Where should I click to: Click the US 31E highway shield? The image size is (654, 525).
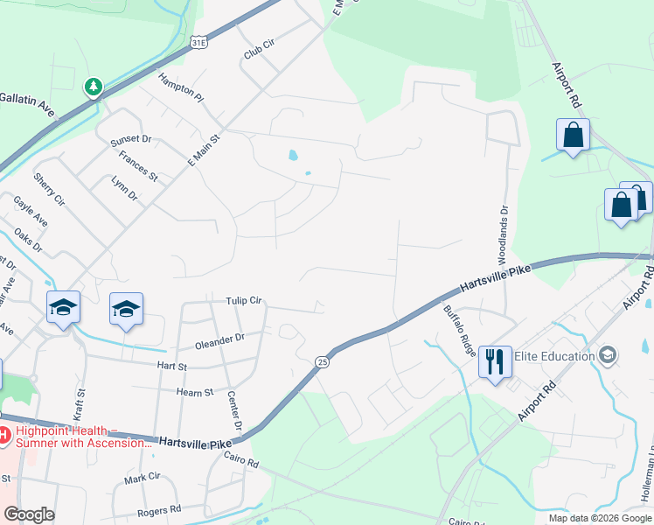(x=199, y=41)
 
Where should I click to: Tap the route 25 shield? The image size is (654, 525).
(x=322, y=361)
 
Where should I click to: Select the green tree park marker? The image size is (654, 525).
(x=94, y=87)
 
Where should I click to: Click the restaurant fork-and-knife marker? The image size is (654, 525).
(x=495, y=360)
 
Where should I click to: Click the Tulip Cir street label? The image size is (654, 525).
(x=244, y=300)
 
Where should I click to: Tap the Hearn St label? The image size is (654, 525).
(x=196, y=393)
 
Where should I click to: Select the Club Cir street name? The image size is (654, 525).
(x=259, y=52)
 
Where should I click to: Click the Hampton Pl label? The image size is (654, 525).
(x=180, y=88)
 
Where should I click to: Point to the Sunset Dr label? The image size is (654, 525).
(x=130, y=140)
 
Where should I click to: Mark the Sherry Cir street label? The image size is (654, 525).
(x=49, y=189)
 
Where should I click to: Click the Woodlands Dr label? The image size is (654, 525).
(x=504, y=234)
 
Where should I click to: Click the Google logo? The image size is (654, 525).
(x=29, y=514)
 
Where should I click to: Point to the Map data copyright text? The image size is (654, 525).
(x=598, y=518)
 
